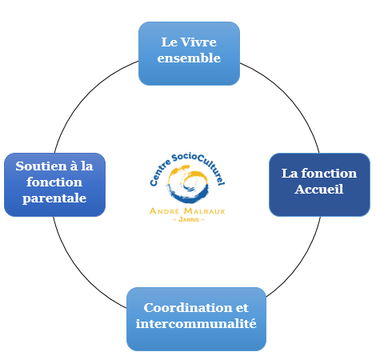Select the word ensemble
189,58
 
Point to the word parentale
54,198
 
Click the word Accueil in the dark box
319,190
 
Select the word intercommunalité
196,324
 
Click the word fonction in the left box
54,182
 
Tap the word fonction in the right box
329,174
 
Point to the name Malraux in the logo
205,211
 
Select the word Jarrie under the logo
189,220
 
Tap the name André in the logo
165,211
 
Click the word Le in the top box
170,42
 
